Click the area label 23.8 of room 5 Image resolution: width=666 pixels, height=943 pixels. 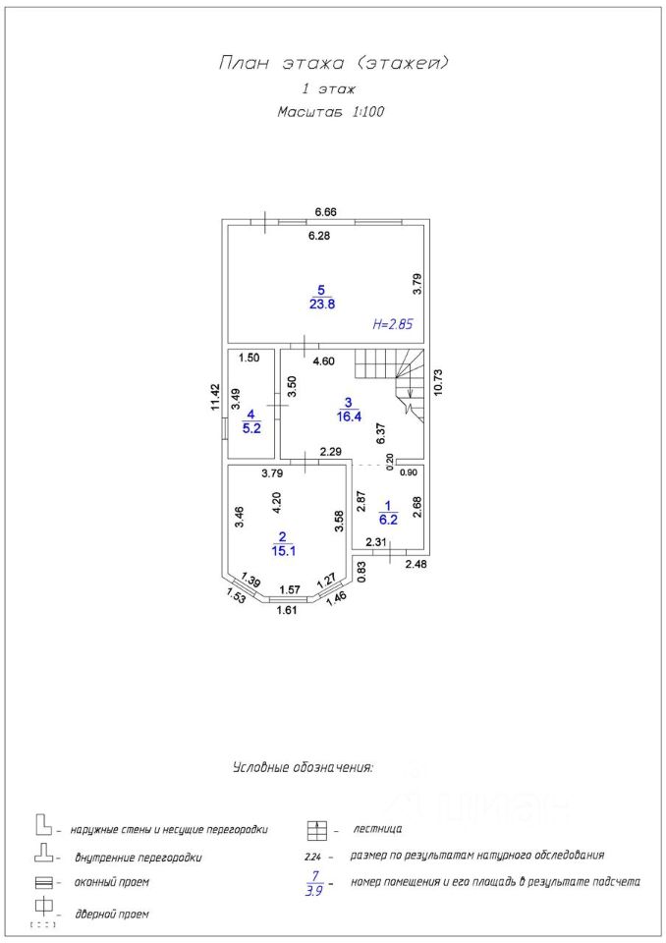tap(322, 305)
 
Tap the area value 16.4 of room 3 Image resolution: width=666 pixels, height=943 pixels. tap(349, 416)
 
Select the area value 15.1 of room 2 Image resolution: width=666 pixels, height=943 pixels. tap(283, 550)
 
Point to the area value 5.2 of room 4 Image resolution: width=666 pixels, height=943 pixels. tap(251, 428)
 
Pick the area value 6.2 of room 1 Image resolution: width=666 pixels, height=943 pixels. tap(389, 520)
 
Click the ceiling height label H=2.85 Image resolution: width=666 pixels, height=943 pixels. tap(392, 325)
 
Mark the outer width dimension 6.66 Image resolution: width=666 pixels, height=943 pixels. tap(326, 212)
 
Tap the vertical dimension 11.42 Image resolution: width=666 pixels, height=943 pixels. tap(215, 398)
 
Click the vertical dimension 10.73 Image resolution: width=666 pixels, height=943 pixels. tap(438, 382)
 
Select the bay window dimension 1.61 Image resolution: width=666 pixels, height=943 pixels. tap(287, 611)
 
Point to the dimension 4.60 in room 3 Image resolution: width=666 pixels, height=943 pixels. tap(323, 361)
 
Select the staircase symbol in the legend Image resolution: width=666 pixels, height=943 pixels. tap(316, 830)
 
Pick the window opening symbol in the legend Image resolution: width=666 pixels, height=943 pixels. tap(44, 883)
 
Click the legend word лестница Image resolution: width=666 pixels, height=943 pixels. tap(377, 829)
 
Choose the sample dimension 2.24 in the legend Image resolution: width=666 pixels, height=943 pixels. tap(313, 856)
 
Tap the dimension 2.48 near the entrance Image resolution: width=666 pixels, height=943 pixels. tap(416, 564)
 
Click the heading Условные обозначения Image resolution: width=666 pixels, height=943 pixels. tap(303, 768)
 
